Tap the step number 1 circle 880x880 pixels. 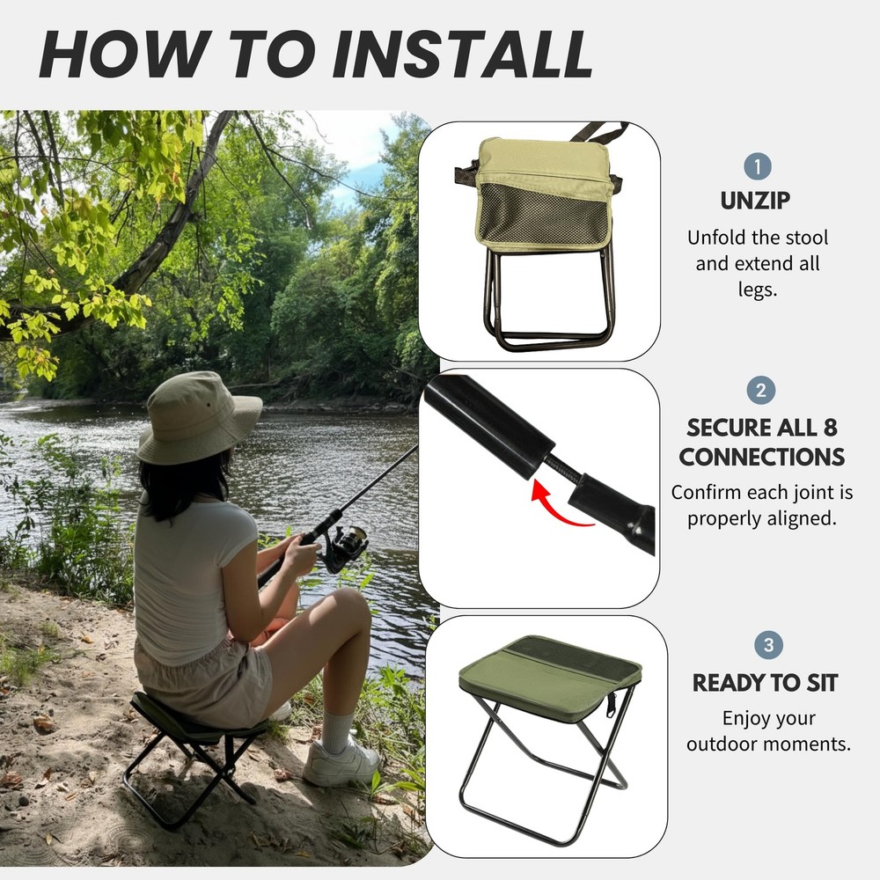pos(757,166)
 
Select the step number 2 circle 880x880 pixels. pos(760,391)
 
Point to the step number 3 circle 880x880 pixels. pos(768,646)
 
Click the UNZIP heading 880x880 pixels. pos(756,201)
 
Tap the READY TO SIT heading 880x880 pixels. pos(765,683)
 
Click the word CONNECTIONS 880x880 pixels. pos(761,458)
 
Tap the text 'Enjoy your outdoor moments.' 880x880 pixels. pos(768,731)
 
